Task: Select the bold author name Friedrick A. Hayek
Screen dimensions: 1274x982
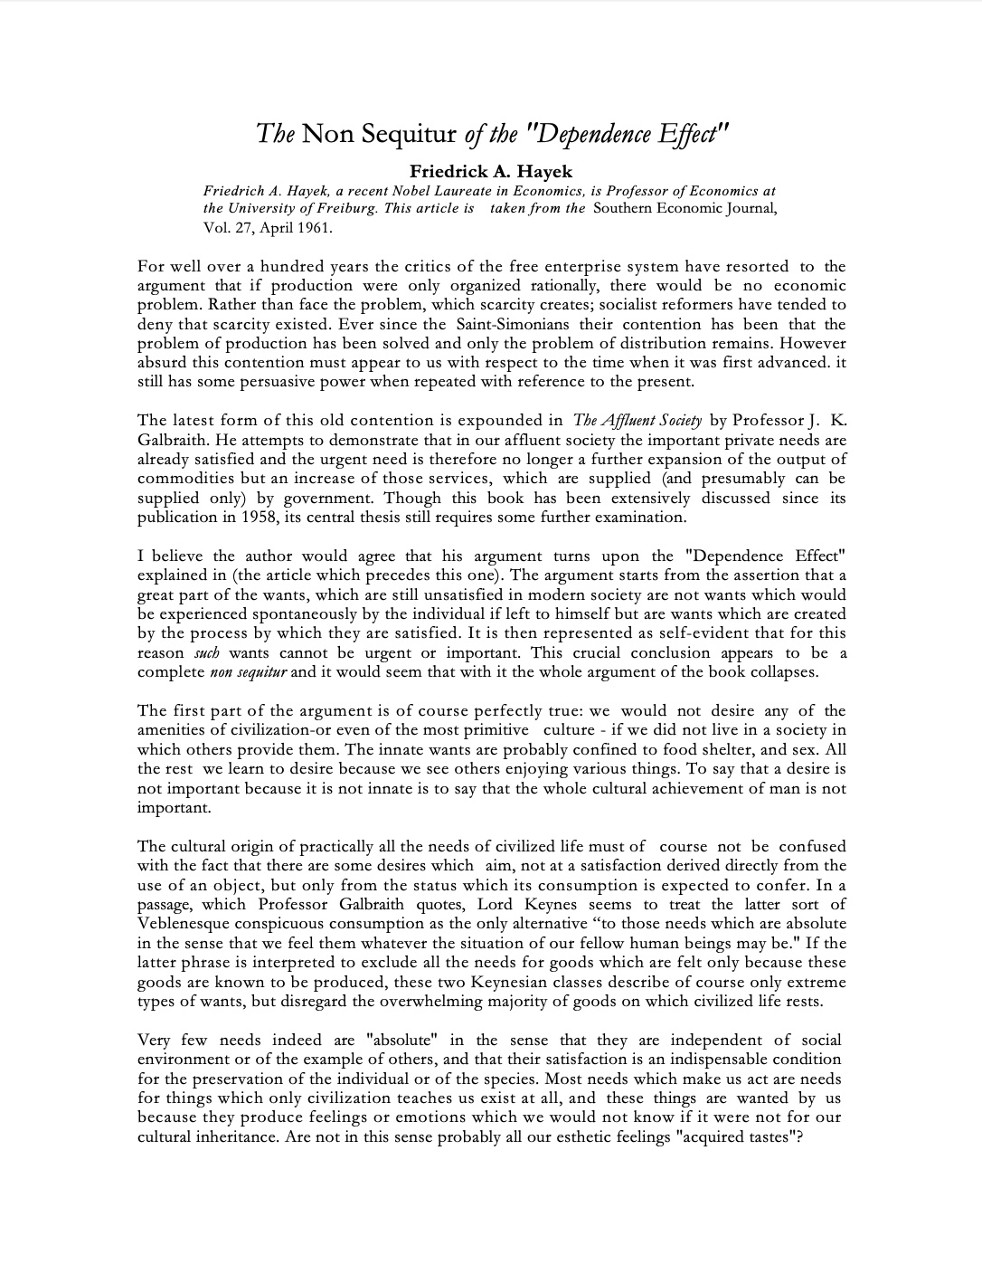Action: pos(491,171)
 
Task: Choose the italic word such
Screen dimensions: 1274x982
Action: pos(207,653)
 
